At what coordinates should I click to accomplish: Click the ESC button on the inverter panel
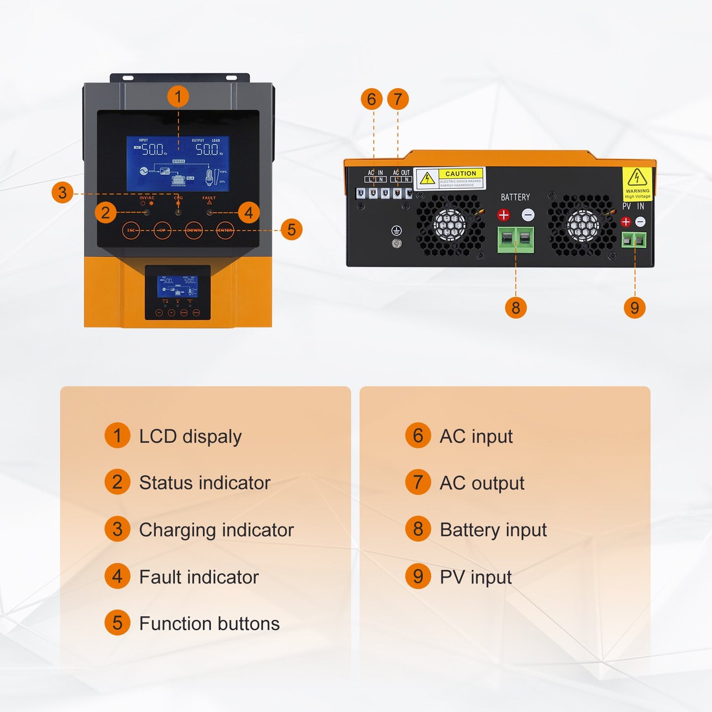click(131, 230)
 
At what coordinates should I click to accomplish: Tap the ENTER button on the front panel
click(225, 230)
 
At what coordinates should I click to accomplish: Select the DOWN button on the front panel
click(194, 230)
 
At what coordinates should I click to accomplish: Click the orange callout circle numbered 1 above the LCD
click(178, 97)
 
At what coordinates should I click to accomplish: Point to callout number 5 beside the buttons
click(291, 230)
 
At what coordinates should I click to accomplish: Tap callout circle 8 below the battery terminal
click(515, 308)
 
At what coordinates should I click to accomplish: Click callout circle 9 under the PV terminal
click(635, 308)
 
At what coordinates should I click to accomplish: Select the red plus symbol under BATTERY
click(504, 215)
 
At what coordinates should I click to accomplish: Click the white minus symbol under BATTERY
click(528, 215)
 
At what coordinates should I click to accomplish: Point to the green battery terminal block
click(515, 239)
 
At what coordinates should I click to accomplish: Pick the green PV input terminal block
click(634, 240)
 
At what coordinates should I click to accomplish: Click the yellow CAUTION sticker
click(449, 178)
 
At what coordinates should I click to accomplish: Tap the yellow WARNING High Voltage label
click(637, 183)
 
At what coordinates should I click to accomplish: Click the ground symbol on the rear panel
click(396, 230)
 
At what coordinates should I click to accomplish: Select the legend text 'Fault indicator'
click(199, 577)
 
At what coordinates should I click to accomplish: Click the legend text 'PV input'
click(475, 577)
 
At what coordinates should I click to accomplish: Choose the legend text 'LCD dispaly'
click(190, 437)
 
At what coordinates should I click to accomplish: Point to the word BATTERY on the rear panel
click(515, 197)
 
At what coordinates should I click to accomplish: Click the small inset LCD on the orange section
click(177, 286)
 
